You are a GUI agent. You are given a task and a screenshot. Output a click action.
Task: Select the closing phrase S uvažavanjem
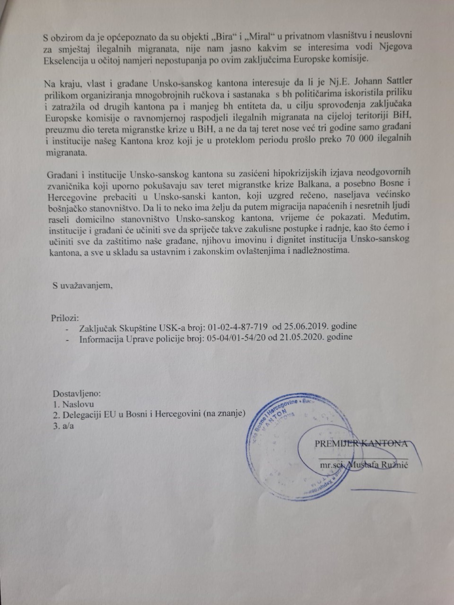coord(83,285)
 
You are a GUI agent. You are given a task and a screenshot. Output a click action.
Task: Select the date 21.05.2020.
coord(304,338)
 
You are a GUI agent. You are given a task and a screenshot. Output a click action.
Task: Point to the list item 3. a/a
coord(64,426)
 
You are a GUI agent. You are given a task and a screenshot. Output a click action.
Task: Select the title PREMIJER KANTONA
coord(361,444)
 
